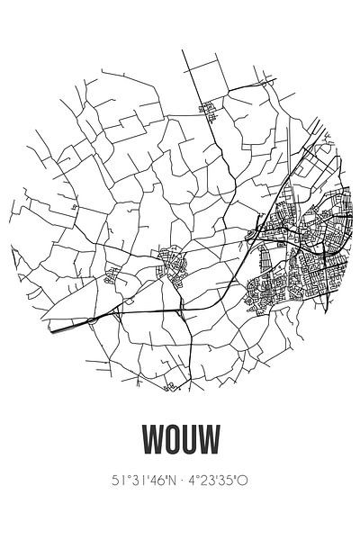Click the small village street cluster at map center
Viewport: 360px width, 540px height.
168,264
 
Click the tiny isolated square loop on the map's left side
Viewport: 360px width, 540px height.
75,205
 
